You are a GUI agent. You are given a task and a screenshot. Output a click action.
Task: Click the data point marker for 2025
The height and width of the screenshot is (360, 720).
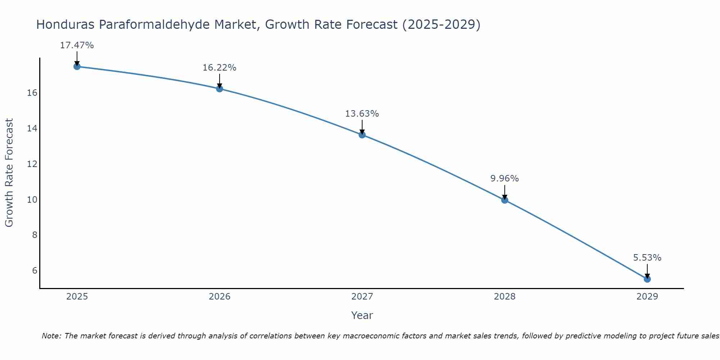(77, 66)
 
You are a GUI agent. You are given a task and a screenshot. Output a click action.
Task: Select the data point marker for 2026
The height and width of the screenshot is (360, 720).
(220, 89)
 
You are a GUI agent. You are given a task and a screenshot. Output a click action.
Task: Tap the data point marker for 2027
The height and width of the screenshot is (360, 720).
(362, 135)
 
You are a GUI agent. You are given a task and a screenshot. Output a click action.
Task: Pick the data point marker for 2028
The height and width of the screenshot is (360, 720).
(505, 200)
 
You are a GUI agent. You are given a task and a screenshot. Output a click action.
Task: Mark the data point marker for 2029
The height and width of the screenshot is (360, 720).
(647, 279)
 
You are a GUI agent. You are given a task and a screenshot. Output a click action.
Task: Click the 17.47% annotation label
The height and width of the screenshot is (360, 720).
(77, 45)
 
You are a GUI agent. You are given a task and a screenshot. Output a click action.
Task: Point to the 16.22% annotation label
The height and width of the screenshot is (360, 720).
(219, 68)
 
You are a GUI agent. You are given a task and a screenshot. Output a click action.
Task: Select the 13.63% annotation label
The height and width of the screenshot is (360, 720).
(362, 114)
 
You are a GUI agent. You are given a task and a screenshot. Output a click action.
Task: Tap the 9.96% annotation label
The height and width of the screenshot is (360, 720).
(504, 179)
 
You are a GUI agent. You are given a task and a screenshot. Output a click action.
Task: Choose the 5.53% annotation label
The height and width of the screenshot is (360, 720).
(647, 258)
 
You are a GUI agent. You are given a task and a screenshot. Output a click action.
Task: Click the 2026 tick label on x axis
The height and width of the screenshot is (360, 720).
(220, 297)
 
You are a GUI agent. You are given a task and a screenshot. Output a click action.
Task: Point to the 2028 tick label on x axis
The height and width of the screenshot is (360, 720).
(505, 297)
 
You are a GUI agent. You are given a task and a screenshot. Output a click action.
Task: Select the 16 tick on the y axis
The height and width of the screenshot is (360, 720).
(32, 93)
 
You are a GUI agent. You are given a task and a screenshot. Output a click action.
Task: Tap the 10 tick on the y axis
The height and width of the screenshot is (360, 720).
(32, 199)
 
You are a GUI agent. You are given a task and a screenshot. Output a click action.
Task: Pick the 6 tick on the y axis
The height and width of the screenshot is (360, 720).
(35, 270)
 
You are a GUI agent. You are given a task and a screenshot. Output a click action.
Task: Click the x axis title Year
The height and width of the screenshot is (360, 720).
(362, 315)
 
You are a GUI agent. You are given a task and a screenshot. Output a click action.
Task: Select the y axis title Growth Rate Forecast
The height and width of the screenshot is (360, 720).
(9, 173)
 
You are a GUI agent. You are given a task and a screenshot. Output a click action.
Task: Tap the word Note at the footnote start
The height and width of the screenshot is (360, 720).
(51, 336)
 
